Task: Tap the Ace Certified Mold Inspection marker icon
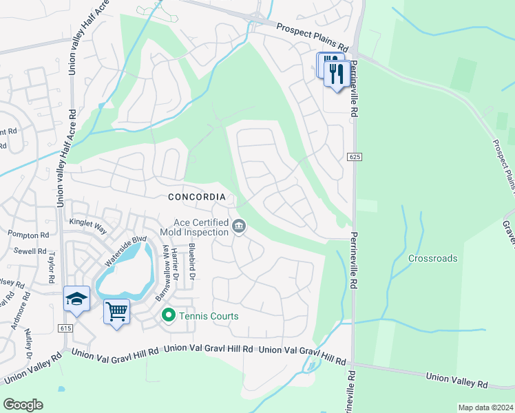click(239, 226)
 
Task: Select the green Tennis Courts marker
click(167, 316)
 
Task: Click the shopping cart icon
click(116, 312)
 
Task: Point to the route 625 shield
click(355, 158)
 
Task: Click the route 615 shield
click(66, 328)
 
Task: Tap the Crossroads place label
click(432, 259)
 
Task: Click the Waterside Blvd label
click(126, 251)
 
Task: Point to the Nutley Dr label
click(28, 343)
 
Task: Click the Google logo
click(23, 405)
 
